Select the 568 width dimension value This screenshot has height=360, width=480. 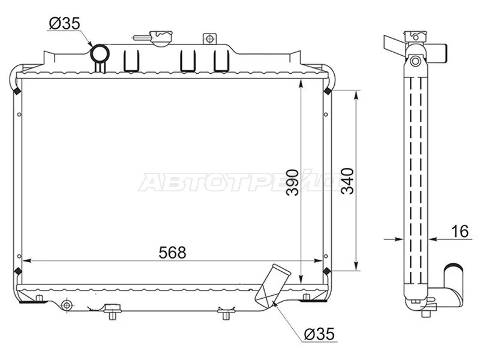[173, 253]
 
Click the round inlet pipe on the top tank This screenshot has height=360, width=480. [99, 54]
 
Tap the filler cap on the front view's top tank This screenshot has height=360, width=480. [160, 37]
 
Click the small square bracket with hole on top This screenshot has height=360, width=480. [209, 39]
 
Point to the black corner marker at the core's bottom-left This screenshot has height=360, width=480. [17, 271]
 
